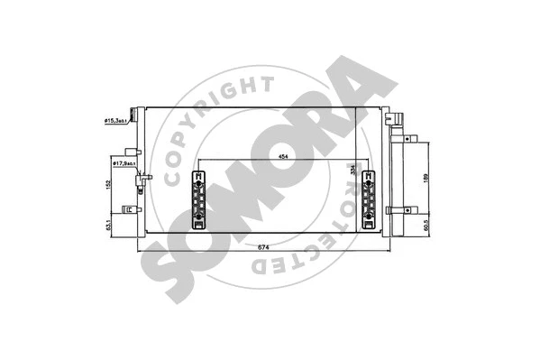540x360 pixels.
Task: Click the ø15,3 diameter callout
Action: point(114,120)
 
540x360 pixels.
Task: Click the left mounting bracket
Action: point(198,200)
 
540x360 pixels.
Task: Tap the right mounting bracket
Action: point(369,200)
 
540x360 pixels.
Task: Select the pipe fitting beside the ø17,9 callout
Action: point(142,185)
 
